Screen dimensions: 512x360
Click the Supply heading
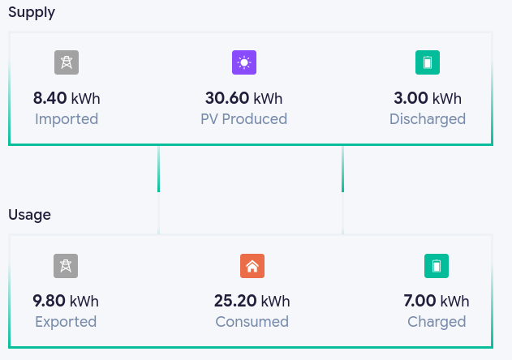click(32, 12)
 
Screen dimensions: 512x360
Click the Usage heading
click(30, 215)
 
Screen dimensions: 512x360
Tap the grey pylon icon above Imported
click(67, 62)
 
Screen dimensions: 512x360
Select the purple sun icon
click(244, 62)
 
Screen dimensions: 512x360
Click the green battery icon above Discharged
click(428, 62)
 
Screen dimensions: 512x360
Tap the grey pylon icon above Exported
click(66, 266)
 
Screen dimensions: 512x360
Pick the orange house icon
click(252, 266)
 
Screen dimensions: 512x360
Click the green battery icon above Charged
click(437, 266)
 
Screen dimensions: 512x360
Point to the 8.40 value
click(50, 98)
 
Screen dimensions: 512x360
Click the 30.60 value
click(227, 98)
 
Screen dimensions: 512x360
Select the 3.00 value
click(411, 98)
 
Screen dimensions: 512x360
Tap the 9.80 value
click(49, 301)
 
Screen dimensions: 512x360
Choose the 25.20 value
click(235, 301)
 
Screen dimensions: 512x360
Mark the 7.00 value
click(419, 301)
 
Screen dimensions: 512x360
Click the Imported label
click(67, 119)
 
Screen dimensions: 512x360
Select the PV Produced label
click(244, 119)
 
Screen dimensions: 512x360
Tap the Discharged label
click(428, 119)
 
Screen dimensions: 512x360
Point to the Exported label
click(66, 322)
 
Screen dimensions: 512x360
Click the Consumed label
click(252, 322)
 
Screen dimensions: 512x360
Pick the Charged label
click(437, 322)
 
